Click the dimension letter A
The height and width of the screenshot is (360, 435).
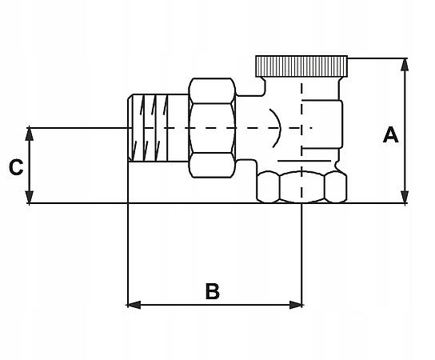pos(390,134)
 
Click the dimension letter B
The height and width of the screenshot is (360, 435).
pos(213,291)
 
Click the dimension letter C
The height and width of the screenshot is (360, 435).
pos(16,167)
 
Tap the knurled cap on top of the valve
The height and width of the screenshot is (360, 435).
pos(301,66)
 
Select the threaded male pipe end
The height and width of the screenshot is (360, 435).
pos(158,128)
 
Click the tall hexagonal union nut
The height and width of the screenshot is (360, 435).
pos(212,128)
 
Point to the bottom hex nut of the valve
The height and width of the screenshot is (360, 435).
pos(301,187)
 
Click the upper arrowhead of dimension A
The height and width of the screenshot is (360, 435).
pos(405,64)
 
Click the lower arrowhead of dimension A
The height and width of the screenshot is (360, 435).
pos(405,197)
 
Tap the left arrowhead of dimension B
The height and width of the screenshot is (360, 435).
pos(134,305)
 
